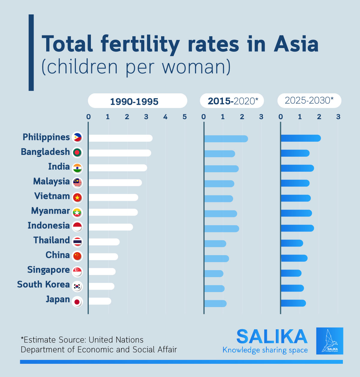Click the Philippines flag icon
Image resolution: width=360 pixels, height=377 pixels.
77,137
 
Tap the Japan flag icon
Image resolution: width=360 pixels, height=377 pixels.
77,302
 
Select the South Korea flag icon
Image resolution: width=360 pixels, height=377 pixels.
77,287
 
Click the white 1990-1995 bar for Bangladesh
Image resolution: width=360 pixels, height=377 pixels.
120,153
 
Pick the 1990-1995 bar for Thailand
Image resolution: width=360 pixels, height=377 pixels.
104,242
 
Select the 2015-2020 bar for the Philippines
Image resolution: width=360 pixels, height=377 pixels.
226,138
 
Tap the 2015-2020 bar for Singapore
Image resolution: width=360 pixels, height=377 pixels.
214,273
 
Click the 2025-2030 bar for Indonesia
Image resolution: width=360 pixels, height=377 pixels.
297,228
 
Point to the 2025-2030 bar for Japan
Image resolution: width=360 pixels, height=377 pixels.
293,303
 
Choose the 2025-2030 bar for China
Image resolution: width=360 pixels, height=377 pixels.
294,258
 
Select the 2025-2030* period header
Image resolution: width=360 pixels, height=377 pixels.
309,101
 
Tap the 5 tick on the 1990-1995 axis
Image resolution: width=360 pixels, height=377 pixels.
184,117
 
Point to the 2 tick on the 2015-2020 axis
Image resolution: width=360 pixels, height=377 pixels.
242,117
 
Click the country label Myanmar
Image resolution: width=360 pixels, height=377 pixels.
50,211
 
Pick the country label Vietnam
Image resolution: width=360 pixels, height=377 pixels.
52,196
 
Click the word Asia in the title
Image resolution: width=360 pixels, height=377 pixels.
296,44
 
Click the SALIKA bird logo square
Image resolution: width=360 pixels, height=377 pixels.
329,341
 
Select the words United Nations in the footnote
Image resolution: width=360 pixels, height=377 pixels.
116,340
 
